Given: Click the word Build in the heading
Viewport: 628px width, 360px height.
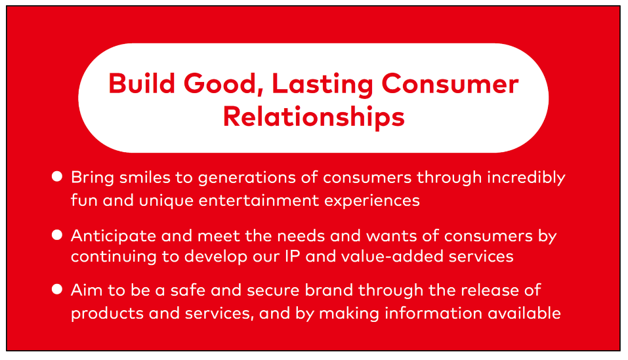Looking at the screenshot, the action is (142, 83).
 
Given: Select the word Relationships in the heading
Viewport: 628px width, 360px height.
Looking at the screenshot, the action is (314, 117).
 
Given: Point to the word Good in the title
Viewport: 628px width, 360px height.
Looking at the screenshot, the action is (223, 85).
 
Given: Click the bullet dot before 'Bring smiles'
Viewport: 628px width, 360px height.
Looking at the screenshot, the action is (57, 176).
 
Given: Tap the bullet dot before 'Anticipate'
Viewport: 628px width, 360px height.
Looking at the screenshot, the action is (57, 235).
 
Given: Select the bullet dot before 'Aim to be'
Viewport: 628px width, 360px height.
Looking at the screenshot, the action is (57, 289).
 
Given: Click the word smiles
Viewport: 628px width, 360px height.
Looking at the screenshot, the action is (145, 177).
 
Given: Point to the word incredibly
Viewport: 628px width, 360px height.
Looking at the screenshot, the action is (526, 178).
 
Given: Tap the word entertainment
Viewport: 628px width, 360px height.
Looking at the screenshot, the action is (259, 201).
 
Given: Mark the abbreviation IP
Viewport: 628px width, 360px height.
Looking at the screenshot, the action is (293, 256).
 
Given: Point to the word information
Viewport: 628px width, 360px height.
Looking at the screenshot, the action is (433, 313).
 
